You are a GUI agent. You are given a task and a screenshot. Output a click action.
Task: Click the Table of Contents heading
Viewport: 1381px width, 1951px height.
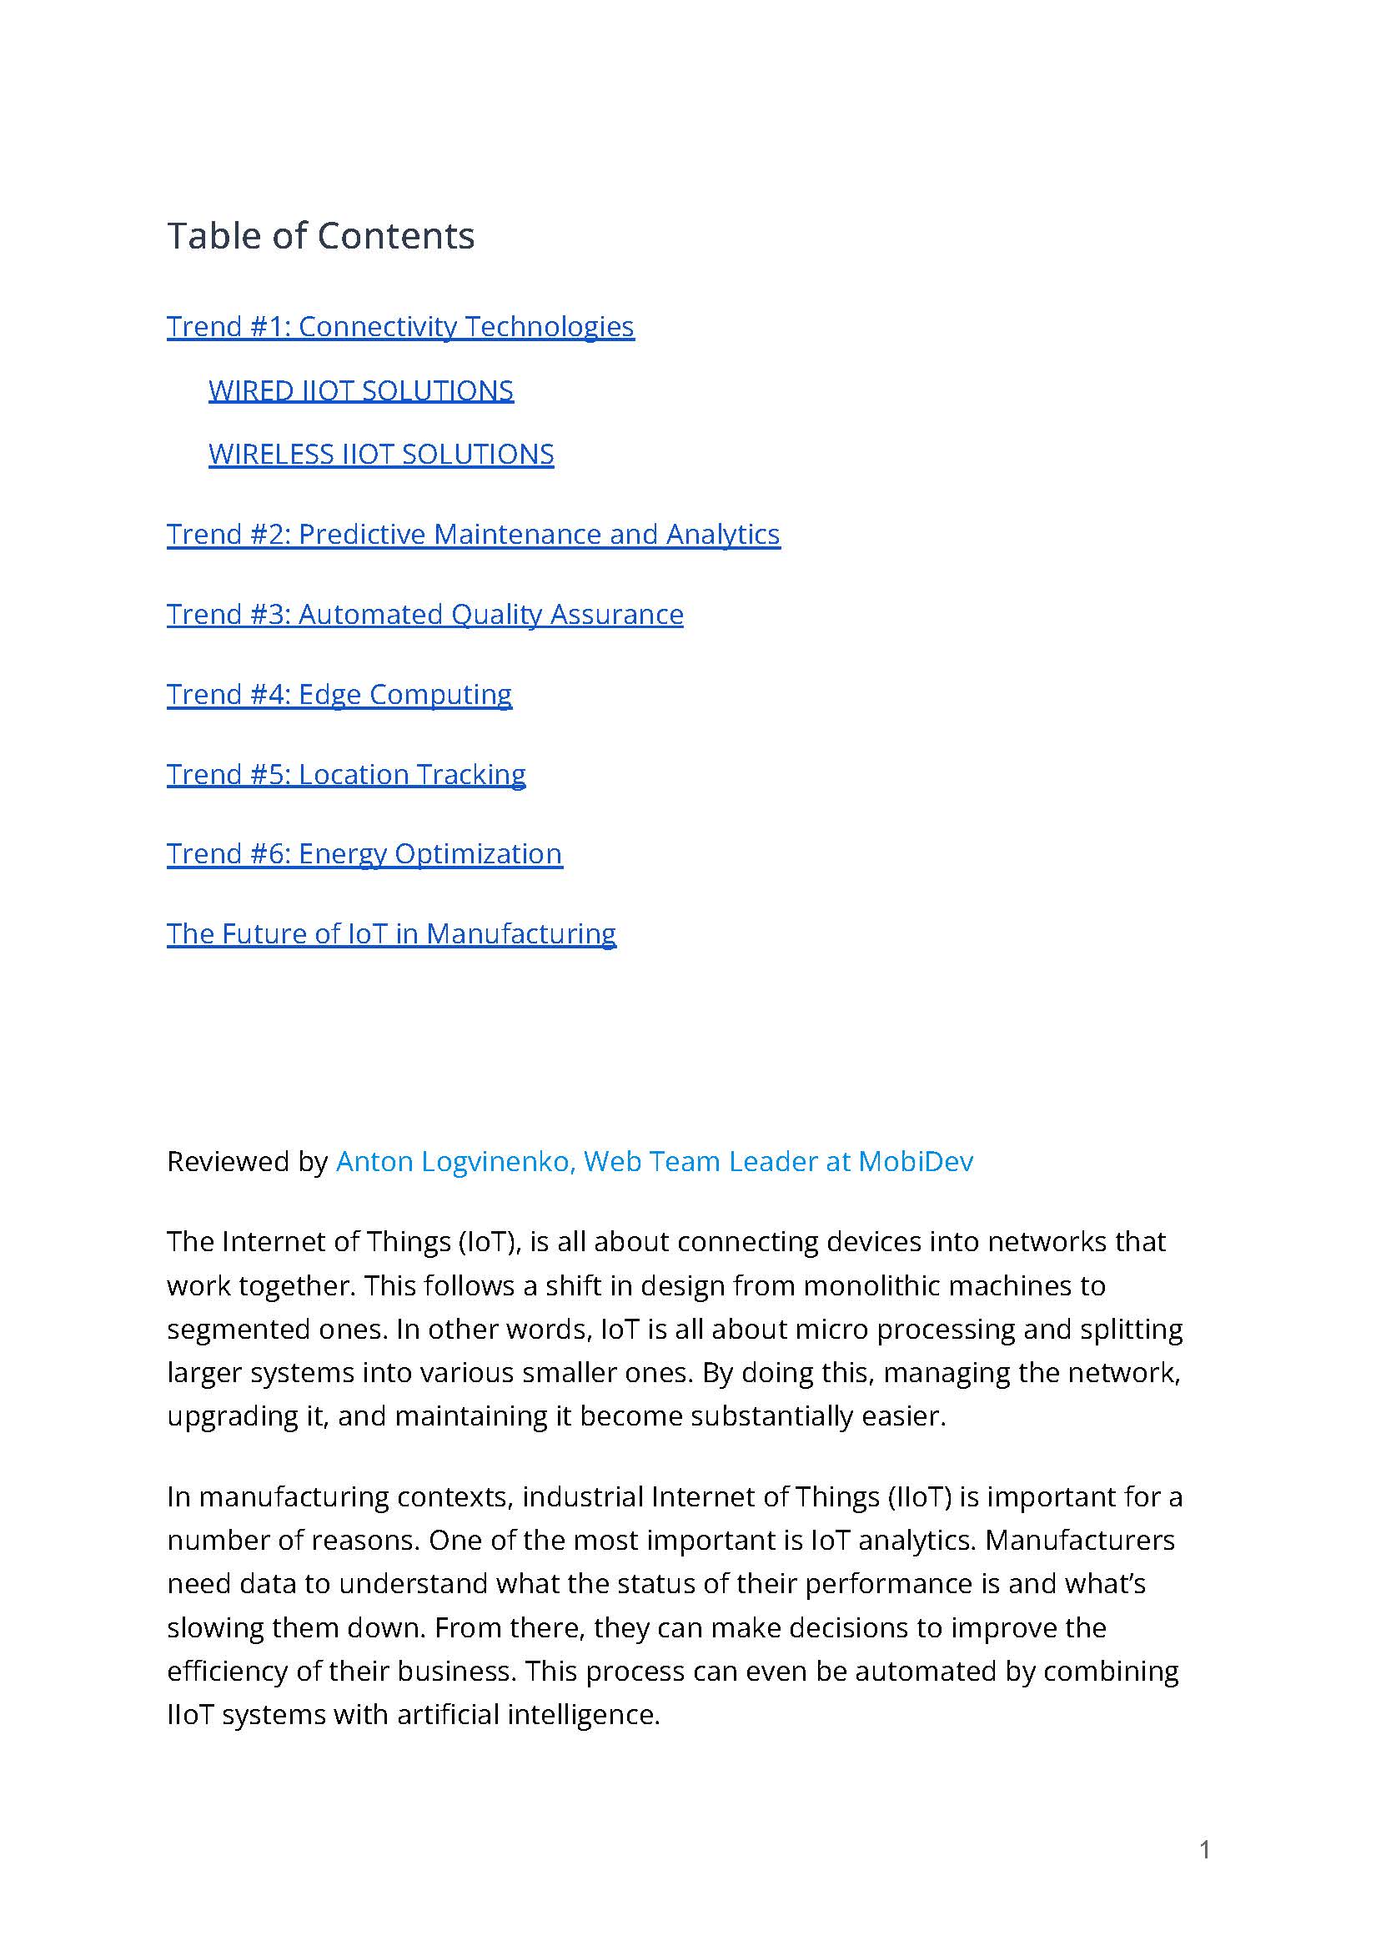320,235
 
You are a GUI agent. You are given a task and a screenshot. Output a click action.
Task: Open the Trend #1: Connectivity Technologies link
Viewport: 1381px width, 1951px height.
399,327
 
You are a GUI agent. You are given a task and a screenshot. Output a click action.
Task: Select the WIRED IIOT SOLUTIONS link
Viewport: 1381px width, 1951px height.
360,390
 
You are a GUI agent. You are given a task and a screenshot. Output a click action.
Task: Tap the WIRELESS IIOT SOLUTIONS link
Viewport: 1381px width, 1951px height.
381,454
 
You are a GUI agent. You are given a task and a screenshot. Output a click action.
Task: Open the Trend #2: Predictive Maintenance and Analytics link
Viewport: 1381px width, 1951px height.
473,534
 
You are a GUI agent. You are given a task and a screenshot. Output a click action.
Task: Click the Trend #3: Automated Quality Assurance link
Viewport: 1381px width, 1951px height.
424,614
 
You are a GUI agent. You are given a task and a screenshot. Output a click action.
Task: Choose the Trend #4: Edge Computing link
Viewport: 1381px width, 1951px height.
339,694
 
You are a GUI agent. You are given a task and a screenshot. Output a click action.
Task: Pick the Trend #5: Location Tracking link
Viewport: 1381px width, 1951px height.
345,774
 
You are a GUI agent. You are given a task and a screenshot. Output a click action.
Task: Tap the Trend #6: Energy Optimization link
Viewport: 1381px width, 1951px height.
364,853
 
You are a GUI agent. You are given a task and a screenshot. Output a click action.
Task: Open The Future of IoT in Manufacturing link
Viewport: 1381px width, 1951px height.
390,933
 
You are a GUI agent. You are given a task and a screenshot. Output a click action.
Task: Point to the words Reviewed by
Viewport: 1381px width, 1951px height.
247,1161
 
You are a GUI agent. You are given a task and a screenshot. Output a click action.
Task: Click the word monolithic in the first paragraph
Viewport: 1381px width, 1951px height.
871,1285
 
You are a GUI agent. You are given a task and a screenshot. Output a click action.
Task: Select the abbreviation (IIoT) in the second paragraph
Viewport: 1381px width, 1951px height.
918,1496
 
